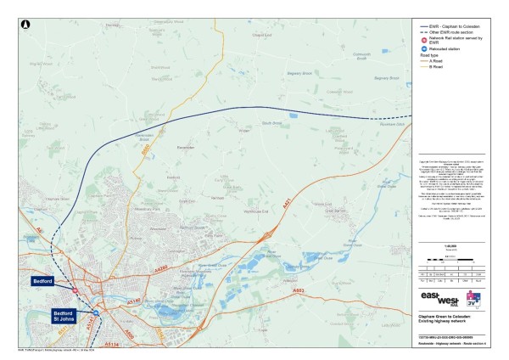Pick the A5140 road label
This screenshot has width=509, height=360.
click(132, 301)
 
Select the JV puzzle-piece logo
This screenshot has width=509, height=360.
click(476, 300)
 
